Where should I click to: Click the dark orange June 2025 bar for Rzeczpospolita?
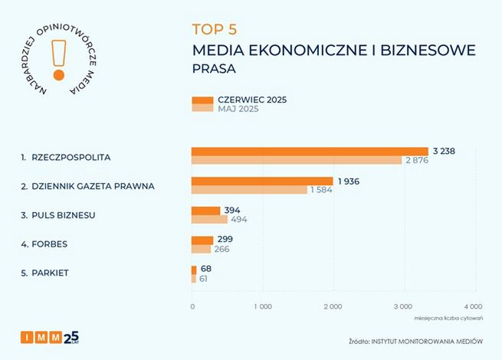(309, 151)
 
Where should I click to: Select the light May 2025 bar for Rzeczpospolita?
(296, 160)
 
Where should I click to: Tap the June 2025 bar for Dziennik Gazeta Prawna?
(261, 181)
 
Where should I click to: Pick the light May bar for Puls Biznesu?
(209, 220)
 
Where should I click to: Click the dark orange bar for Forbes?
(202, 240)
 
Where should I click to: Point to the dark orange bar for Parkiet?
(194, 270)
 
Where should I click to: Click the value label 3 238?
(444, 151)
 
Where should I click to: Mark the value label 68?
(205, 270)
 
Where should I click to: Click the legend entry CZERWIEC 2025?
(253, 100)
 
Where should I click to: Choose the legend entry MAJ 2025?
(238, 110)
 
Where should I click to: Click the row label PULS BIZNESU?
(64, 215)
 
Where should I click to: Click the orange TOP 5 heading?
(215, 30)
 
